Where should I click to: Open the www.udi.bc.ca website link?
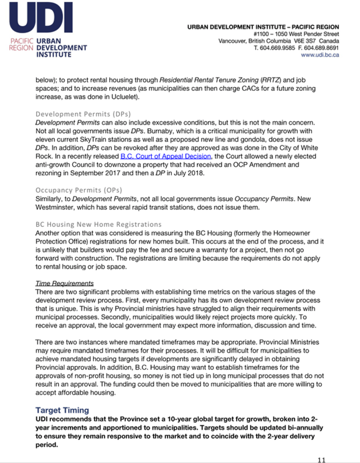click(320, 55)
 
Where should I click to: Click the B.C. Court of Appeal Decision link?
click(166, 156)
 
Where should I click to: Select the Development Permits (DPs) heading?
click(83, 113)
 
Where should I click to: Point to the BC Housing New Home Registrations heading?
click(98, 224)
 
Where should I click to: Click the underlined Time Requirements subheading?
click(65, 283)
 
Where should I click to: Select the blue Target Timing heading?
click(62, 411)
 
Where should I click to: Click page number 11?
click(321, 460)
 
